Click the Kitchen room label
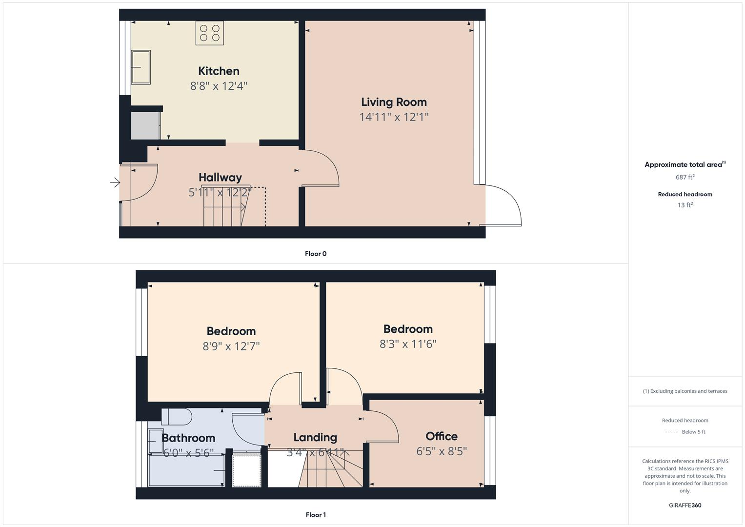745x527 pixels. pyautogui.click(x=219, y=71)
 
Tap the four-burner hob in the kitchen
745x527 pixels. pyautogui.click(x=210, y=33)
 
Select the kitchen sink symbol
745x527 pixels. pyautogui.click(x=141, y=67)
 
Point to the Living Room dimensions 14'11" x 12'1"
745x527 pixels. pyautogui.click(x=394, y=117)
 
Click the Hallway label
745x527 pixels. pyautogui.click(x=220, y=178)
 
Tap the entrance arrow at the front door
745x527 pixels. pyautogui.click(x=115, y=183)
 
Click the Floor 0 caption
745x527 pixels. pyautogui.click(x=316, y=254)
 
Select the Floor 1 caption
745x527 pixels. pyautogui.click(x=316, y=515)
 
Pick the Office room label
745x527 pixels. pyautogui.click(x=442, y=436)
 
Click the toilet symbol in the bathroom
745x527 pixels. pyautogui.click(x=177, y=417)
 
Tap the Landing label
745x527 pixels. pyautogui.click(x=315, y=437)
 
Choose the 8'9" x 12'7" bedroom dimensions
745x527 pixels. pyautogui.click(x=231, y=346)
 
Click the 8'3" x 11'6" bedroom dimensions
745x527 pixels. pyautogui.click(x=408, y=344)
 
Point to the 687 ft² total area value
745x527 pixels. pyautogui.click(x=685, y=177)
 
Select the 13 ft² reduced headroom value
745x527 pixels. pyautogui.click(x=685, y=205)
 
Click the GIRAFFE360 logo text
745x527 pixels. pyautogui.click(x=685, y=506)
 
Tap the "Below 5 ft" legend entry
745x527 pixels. pyautogui.click(x=693, y=432)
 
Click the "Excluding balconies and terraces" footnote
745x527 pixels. pyautogui.click(x=685, y=391)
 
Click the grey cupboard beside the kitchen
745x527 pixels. pyautogui.click(x=145, y=126)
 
